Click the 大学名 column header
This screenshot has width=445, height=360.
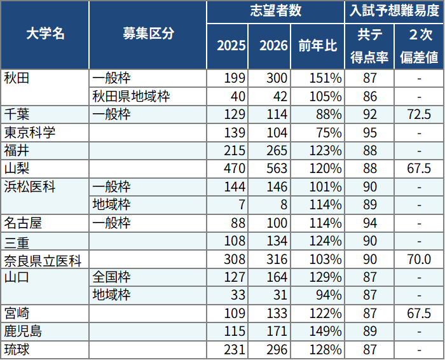[x=45, y=35]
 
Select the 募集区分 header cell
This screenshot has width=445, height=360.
[x=147, y=35]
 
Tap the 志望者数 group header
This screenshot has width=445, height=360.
[x=275, y=11]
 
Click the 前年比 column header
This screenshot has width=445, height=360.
[x=314, y=46]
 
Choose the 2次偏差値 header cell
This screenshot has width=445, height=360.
[x=419, y=46]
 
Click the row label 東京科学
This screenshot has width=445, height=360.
[x=30, y=133]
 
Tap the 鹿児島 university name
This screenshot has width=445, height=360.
[x=24, y=331]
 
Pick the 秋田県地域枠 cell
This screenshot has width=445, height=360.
[x=131, y=97]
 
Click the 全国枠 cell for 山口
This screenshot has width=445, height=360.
[x=111, y=277]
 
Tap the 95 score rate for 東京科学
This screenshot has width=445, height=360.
[x=369, y=133]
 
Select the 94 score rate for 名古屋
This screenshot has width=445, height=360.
[x=369, y=223]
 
